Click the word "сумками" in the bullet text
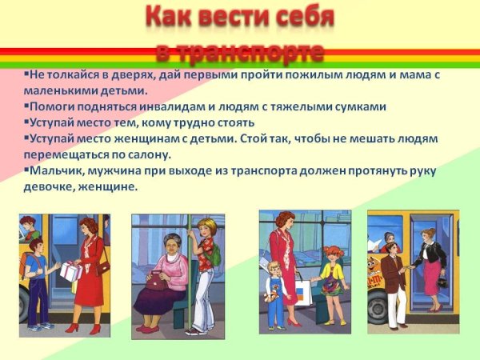pyautogui.click(x=358, y=106)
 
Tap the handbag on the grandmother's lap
pyautogui.click(x=158, y=282)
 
